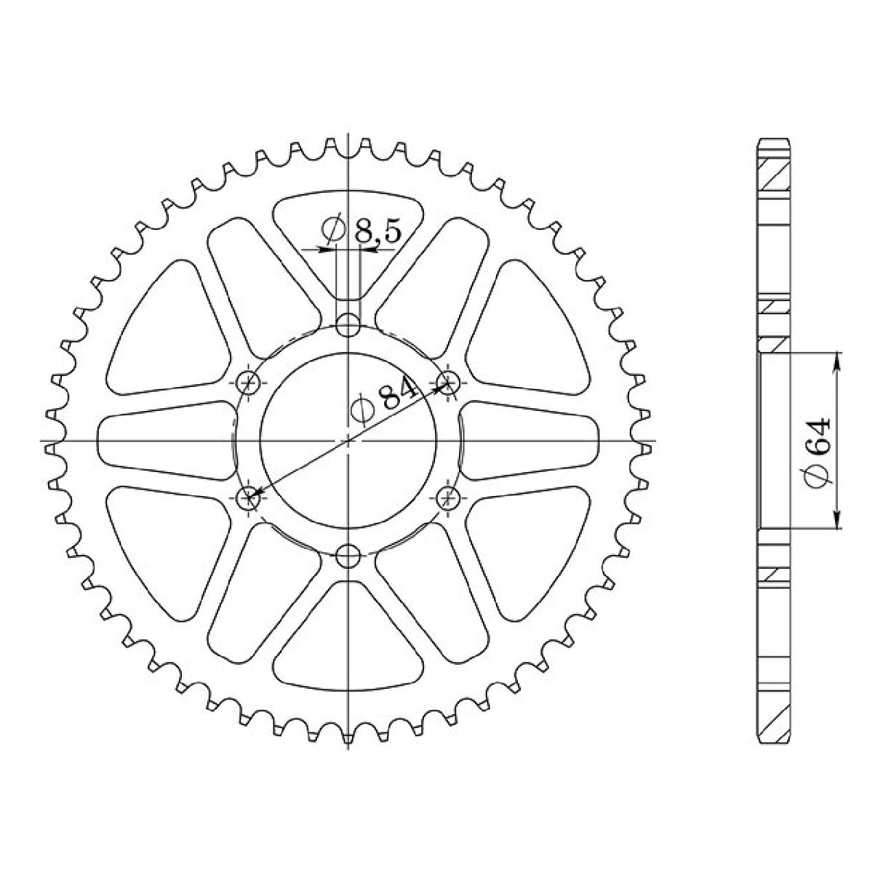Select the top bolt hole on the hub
pos(350,324)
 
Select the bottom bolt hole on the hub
pos(350,559)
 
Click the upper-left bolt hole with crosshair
pos(249,380)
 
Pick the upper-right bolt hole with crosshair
pos(449,379)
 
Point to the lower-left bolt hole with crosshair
pos(249,498)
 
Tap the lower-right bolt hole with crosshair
pos(449,498)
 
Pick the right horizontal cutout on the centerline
pos(531,441)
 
